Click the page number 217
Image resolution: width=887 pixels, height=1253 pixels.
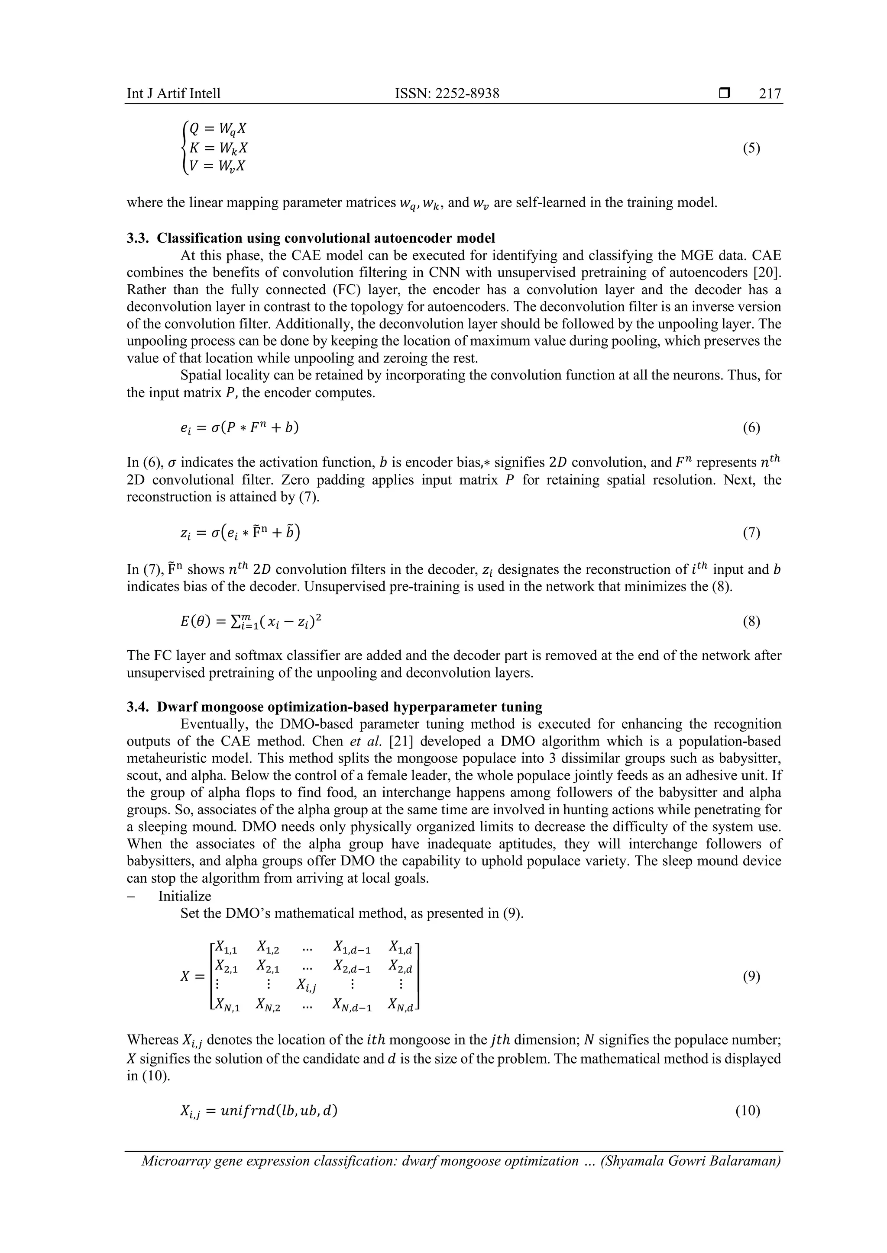(770, 94)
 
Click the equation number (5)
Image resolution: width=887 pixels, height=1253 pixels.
(751, 148)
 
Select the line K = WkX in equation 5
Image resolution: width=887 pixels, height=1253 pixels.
(218, 148)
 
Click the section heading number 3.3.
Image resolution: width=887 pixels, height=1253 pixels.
(138, 238)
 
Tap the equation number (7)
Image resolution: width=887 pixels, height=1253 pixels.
(751, 533)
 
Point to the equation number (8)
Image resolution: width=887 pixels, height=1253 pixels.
(751, 622)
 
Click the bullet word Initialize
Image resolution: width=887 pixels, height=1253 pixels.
(185, 896)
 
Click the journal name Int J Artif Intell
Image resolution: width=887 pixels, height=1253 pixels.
(174, 94)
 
